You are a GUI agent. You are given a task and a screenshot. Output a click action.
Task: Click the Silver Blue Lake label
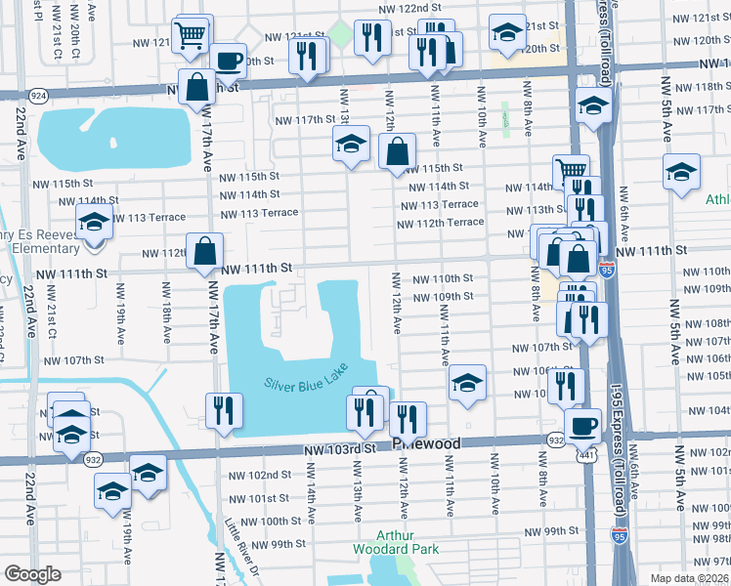click(x=306, y=382)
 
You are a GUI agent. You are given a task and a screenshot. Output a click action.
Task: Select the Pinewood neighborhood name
click(x=426, y=443)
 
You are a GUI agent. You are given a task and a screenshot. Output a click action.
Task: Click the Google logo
click(x=32, y=574)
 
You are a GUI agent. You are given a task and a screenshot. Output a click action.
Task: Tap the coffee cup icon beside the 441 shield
click(x=583, y=426)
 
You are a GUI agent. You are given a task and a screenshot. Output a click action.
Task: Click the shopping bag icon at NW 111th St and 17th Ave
click(x=205, y=252)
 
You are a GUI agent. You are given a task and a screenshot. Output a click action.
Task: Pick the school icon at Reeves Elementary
click(x=94, y=222)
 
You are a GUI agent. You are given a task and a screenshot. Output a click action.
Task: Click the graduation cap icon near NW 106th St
click(x=467, y=382)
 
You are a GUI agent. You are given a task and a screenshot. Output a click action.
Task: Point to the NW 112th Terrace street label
click(x=440, y=222)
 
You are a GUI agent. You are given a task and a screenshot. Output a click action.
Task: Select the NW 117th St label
click(x=305, y=119)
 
